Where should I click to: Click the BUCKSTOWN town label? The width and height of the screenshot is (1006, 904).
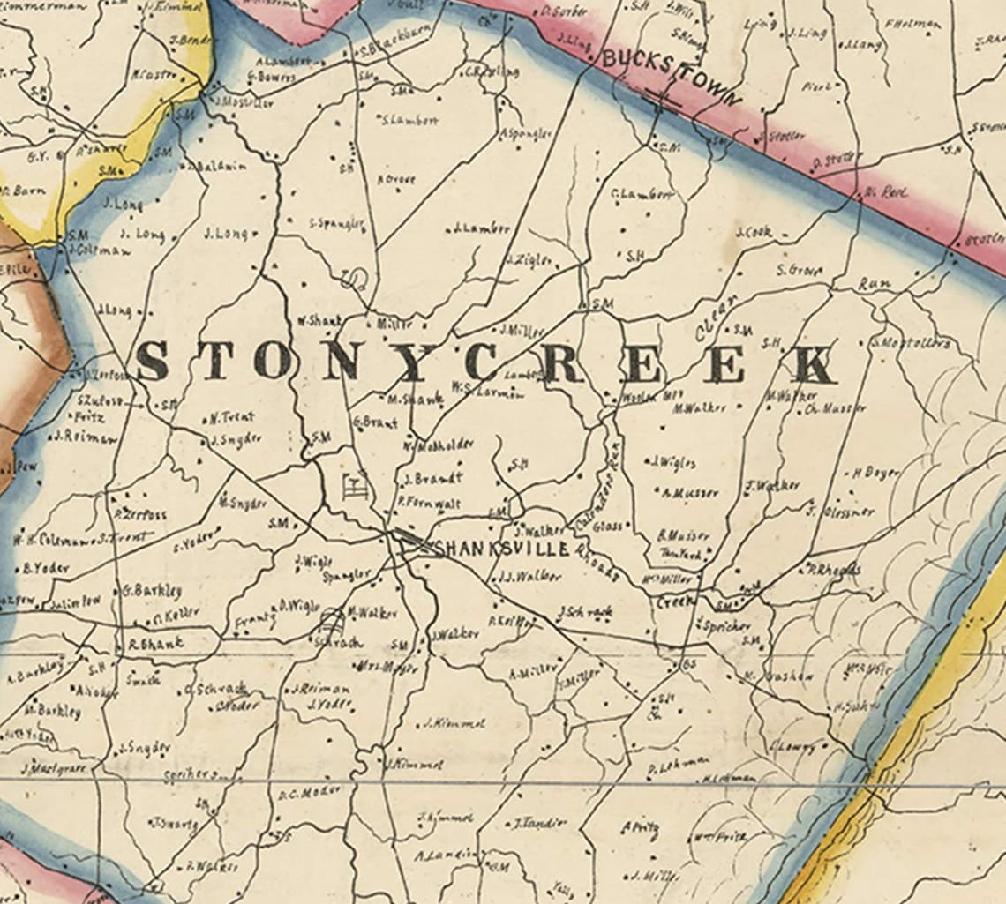click(x=672, y=78)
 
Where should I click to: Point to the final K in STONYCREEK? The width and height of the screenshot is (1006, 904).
click(x=812, y=364)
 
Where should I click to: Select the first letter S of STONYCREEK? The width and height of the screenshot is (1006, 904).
click(x=153, y=361)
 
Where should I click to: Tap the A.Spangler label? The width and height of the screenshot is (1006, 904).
click(x=526, y=133)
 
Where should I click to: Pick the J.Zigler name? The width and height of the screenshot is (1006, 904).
click(x=529, y=261)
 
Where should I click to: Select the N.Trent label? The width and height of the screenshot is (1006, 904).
click(x=232, y=417)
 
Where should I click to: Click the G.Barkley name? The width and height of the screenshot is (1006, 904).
click(x=153, y=589)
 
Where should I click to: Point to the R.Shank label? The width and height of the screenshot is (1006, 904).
click(x=156, y=643)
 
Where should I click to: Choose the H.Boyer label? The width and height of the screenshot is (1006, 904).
click(x=875, y=473)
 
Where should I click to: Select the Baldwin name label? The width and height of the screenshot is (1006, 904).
click(x=225, y=165)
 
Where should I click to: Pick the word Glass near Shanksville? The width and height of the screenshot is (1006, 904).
click(x=607, y=527)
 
